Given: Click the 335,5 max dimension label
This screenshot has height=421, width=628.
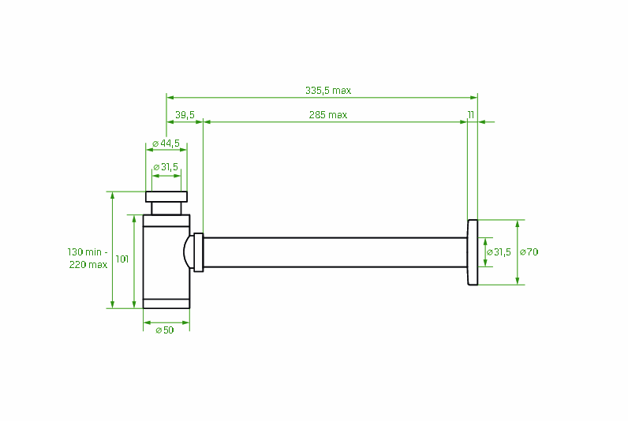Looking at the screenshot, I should pyautogui.click(x=328, y=90).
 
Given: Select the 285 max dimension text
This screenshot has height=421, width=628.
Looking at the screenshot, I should pyautogui.click(x=328, y=115).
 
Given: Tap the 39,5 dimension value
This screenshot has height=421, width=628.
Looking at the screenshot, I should pyautogui.click(x=185, y=115).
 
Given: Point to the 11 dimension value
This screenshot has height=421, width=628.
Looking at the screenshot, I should pyautogui.click(x=470, y=115).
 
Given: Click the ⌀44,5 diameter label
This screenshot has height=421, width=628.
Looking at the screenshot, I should pyautogui.click(x=166, y=143).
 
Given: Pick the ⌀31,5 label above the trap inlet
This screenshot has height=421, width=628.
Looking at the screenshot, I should pyautogui.click(x=166, y=166).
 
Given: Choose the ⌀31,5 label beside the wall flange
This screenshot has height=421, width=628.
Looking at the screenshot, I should pyautogui.click(x=499, y=251).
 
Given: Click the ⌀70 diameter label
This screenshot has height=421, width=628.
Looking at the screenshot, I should pyautogui.click(x=529, y=251).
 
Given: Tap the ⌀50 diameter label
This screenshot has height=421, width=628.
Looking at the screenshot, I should pyautogui.click(x=165, y=330).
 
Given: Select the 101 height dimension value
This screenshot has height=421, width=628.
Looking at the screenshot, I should pyautogui.click(x=122, y=259).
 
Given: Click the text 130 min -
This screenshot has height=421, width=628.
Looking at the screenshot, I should pyautogui.click(x=87, y=251).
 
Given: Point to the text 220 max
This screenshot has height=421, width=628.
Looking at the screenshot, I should pyautogui.click(x=88, y=265).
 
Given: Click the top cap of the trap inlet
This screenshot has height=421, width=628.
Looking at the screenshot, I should pyautogui.click(x=166, y=196).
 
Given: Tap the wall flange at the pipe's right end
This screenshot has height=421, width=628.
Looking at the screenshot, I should pyautogui.click(x=473, y=251).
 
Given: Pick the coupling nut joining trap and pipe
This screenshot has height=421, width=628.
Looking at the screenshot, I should pyautogui.click(x=199, y=251).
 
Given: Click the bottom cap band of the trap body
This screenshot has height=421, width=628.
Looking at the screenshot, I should pyautogui.click(x=166, y=303).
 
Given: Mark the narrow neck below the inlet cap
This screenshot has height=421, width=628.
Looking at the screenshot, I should pyautogui.click(x=166, y=208).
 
